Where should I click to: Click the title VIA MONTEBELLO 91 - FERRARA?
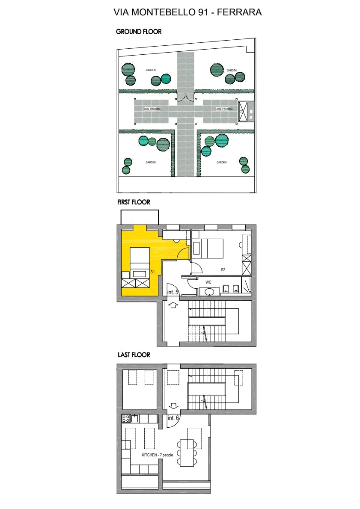point(187,12)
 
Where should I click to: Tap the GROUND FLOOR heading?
point(139,32)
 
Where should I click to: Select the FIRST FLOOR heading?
point(134,202)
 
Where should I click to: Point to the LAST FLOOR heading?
point(134,355)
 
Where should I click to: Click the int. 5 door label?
point(173,293)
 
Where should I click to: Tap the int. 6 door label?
point(173,418)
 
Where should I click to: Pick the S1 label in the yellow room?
point(152,272)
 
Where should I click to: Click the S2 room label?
point(223,270)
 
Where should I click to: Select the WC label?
point(208,282)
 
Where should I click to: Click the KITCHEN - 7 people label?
point(157,455)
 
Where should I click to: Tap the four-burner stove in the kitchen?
point(126,418)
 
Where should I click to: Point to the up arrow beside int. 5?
point(173,305)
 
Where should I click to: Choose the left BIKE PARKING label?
point(152,109)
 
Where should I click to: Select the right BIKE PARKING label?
point(224,109)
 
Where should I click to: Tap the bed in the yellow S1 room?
point(140,261)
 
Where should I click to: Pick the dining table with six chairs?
point(187,453)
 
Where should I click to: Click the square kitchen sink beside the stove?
point(135,418)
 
